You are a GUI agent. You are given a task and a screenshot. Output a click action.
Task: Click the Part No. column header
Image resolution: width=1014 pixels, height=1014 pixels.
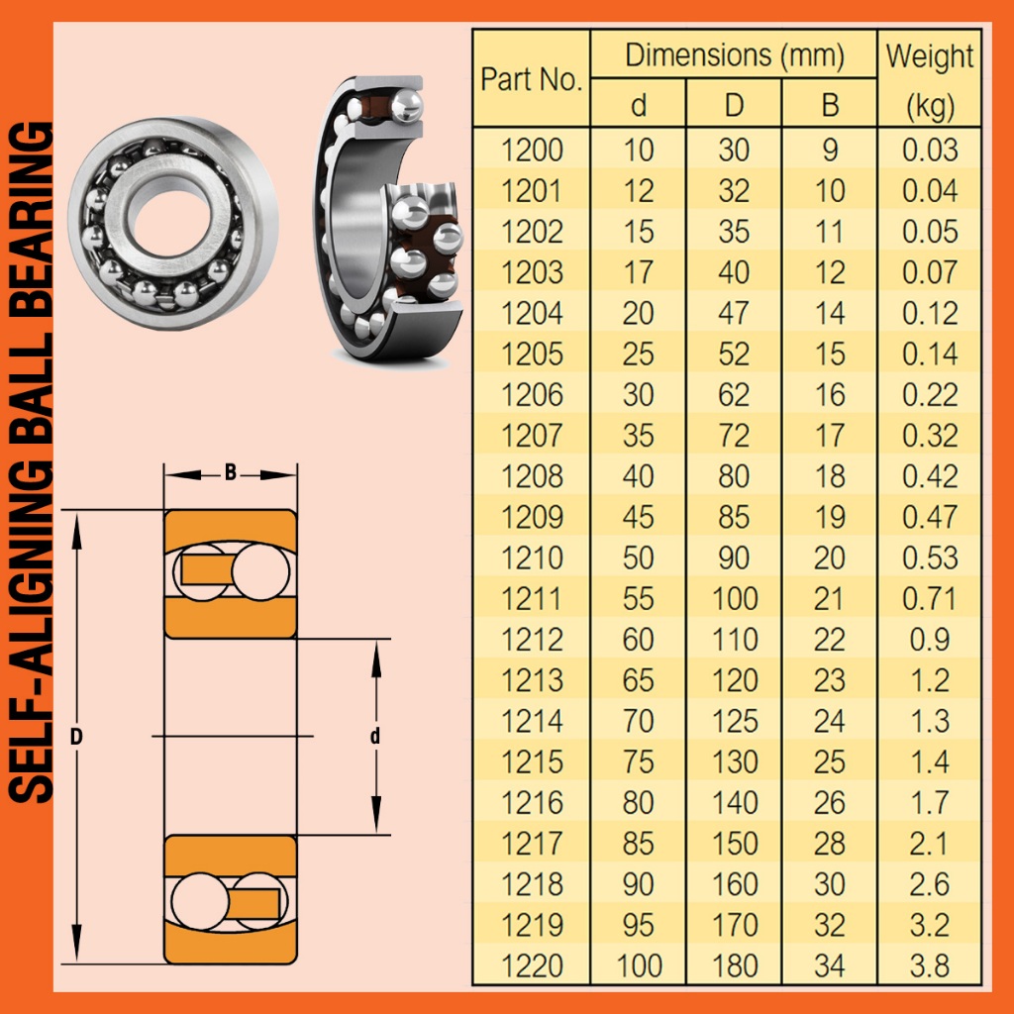[x=532, y=79]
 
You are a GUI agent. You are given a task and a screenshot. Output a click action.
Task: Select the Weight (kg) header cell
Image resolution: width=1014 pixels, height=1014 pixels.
[x=930, y=80]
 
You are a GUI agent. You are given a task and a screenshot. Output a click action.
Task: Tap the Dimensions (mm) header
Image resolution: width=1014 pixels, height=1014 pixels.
[x=735, y=55]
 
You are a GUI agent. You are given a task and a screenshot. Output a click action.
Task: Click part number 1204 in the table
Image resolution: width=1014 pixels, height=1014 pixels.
[x=532, y=314]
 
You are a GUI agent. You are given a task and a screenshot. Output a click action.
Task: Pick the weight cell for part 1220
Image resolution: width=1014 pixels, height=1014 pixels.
[x=930, y=966]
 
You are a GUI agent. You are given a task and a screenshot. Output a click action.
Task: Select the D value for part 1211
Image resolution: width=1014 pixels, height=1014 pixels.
[x=735, y=599]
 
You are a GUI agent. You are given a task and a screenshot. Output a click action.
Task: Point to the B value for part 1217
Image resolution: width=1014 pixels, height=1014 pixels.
[x=830, y=844]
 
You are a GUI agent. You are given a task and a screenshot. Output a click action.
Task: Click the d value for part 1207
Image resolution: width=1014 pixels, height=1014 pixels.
[x=639, y=436]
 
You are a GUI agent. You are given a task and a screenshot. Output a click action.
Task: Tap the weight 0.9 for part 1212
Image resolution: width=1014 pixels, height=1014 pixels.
[x=930, y=640]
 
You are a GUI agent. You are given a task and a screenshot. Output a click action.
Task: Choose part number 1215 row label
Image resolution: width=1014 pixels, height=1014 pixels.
[x=532, y=762]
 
